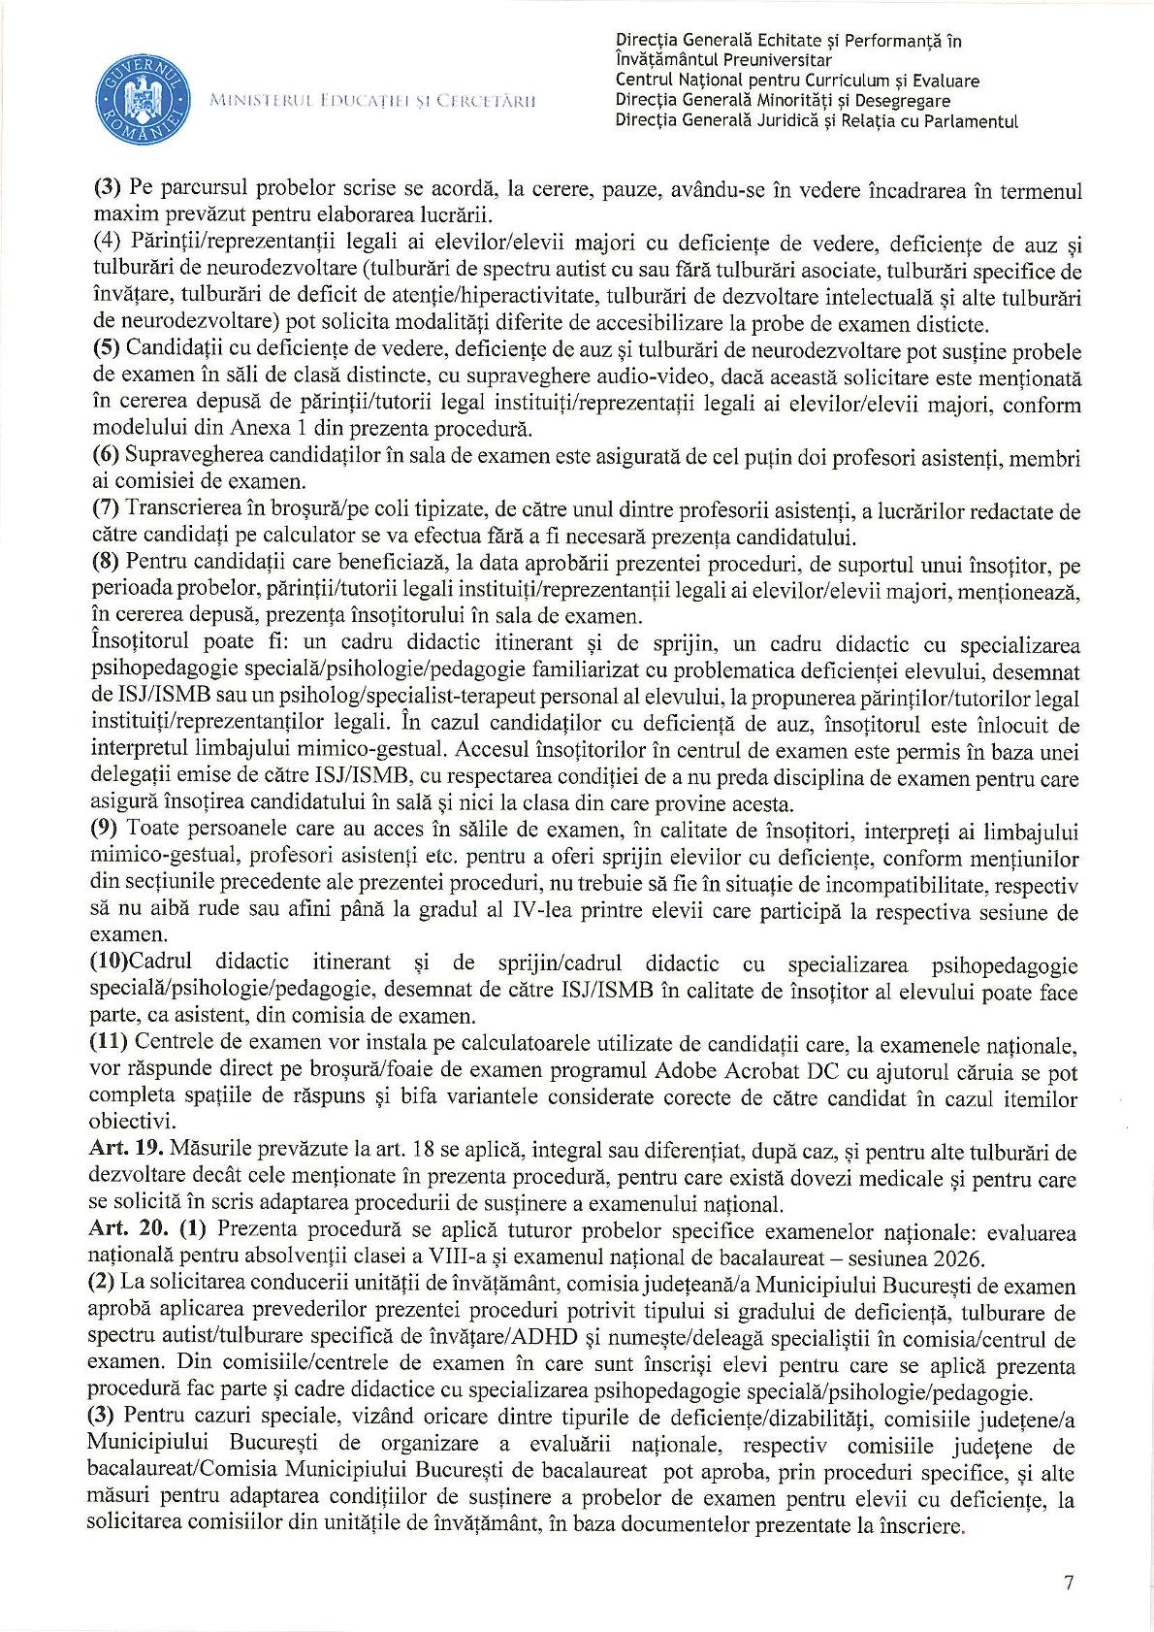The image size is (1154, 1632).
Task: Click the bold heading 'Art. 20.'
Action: pyautogui.click(x=124, y=1233)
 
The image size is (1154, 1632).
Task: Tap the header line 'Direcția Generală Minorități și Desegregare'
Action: pyautogui.click(x=783, y=101)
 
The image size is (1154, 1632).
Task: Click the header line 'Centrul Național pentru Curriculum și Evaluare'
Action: pyautogui.click(x=797, y=81)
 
